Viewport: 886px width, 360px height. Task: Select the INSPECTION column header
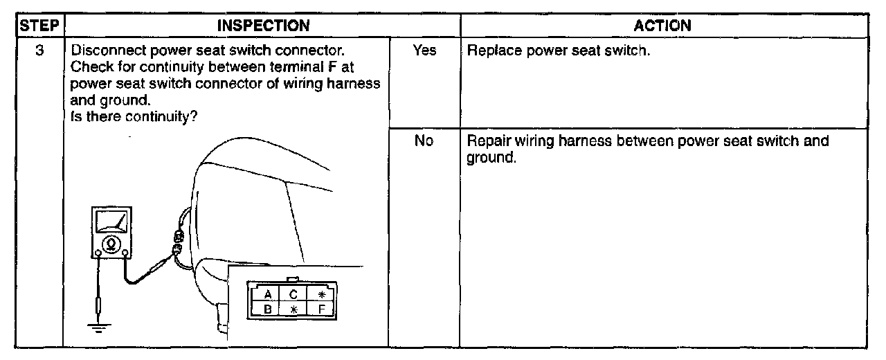coord(263,26)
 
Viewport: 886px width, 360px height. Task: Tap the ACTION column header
coord(662,26)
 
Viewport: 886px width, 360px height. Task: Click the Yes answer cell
coord(424,51)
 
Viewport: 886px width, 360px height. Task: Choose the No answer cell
coord(424,141)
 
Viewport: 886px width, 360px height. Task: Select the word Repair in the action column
coord(487,141)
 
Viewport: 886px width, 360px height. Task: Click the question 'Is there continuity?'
coord(134,116)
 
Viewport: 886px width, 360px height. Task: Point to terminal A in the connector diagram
coord(267,294)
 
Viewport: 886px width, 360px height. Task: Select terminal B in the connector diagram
coord(267,309)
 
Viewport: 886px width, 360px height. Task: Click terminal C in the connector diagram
coord(293,294)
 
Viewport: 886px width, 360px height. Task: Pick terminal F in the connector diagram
coord(321,309)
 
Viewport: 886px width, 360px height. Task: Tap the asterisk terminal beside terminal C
coord(321,294)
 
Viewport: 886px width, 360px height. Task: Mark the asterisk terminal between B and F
coord(293,309)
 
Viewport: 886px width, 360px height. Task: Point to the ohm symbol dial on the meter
coord(109,244)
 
